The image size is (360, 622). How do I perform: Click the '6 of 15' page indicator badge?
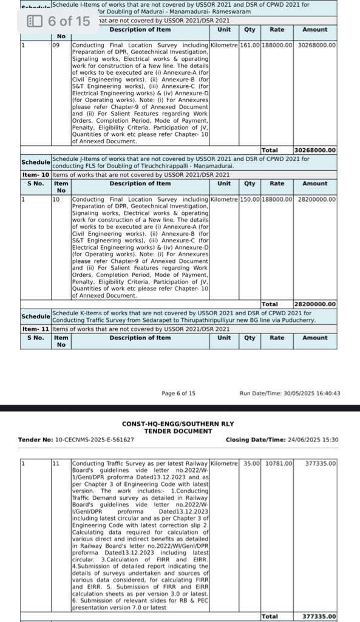[x=59, y=21]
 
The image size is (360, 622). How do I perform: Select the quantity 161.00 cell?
[x=250, y=45]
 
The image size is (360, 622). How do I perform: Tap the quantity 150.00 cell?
[x=250, y=199]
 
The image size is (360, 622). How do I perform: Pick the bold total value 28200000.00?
[x=314, y=304]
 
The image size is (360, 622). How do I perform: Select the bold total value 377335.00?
[x=319, y=616]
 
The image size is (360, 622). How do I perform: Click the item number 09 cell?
[x=56, y=45]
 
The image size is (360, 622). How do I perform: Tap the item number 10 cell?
[x=56, y=199]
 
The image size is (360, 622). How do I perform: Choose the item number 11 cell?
[x=56, y=463]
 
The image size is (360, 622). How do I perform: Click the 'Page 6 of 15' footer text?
[x=178, y=393]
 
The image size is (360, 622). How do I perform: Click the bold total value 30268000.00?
[x=314, y=150]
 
